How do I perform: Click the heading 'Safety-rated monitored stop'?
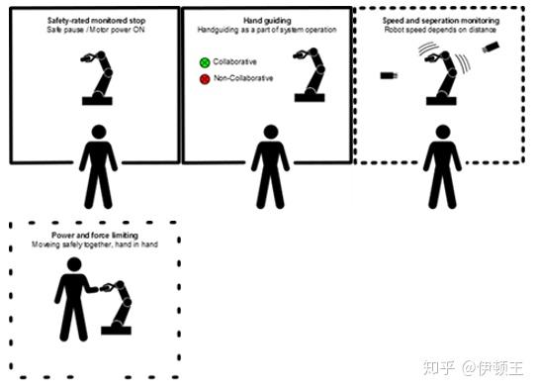click(x=96, y=21)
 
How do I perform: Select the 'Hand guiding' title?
click(x=267, y=21)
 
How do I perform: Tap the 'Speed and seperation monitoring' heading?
click(x=441, y=21)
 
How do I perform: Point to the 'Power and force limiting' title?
click(x=95, y=235)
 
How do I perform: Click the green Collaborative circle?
click(x=205, y=62)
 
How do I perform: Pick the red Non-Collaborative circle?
click(x=205, y=79)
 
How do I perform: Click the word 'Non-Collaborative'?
click(x=243, y=78)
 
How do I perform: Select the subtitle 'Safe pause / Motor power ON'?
click(x=96, y=30)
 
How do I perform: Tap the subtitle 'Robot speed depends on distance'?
click(x=440, y=30)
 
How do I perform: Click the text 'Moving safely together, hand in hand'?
click(x=95, y=244)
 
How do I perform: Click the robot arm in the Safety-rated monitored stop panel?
click(x=97, y=78)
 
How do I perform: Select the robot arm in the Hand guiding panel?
click(x=310, y=74)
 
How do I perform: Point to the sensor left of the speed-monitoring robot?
click(x=389, y=75)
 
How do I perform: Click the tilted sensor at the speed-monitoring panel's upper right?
click(x=491, y=47)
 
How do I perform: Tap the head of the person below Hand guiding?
click(x=271, y=132)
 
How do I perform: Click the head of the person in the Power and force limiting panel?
click(x=74, y=264)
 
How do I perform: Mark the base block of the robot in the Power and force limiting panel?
click(x=116, y=331)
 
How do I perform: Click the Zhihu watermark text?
click(x=474, y=368)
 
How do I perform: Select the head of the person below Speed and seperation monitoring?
click(x=443, y=132)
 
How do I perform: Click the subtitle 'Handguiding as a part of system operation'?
click(x=267, y=30)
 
